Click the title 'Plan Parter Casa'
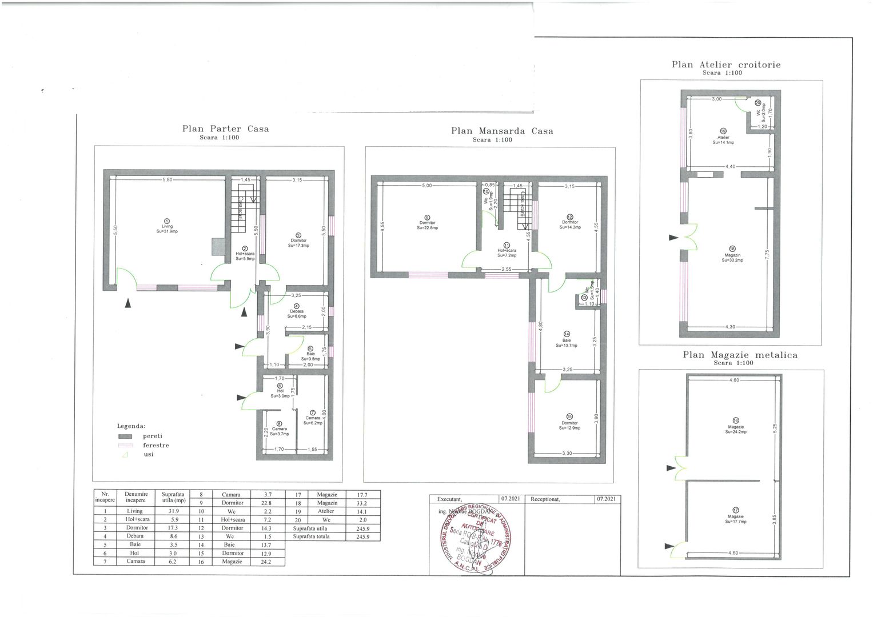point(225,129)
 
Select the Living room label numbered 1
point(167,226)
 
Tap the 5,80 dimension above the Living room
point(167,180)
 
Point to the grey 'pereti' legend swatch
point(125,436)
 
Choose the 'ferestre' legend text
point(156,445)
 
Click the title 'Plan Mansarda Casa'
point(502,131)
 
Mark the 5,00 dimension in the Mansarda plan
point(427,186)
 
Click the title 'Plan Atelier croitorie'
point(725,65)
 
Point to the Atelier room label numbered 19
point(723,137)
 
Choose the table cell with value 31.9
point(171,511)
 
